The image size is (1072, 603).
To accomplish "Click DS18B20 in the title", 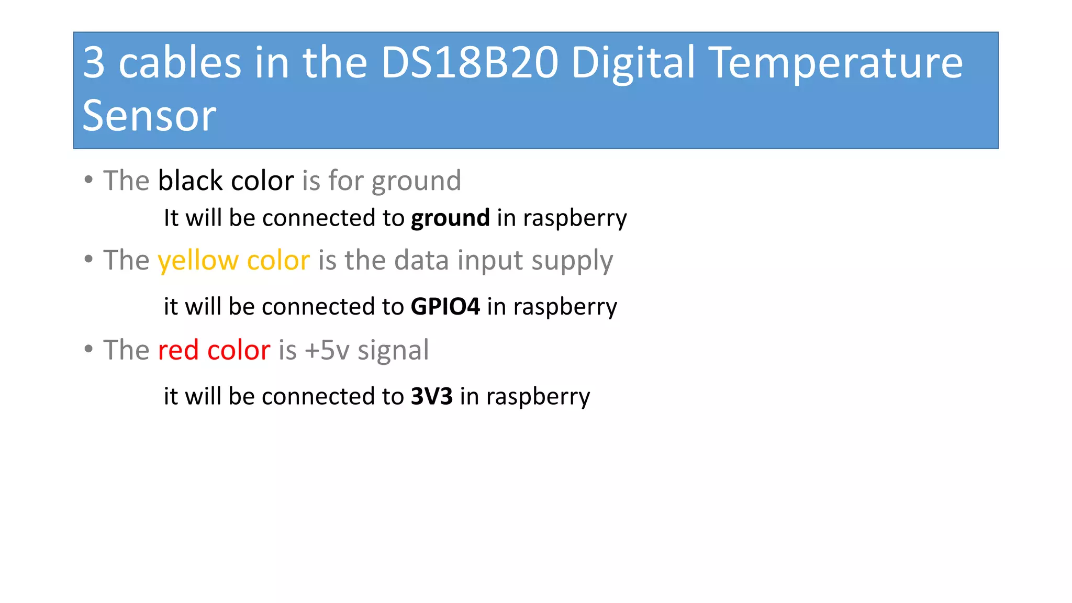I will pos(470,62).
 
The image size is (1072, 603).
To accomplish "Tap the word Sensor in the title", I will pos(149,116).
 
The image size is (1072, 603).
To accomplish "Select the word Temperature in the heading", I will pos(837,62).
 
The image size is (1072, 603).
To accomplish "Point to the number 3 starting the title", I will pos(94,62).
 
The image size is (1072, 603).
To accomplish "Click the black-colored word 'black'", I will pos(190,181).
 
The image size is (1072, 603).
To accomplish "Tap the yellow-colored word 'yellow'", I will pos(197,260).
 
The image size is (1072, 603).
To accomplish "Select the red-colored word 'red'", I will pos(178,350).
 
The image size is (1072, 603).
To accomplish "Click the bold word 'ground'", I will pos(450,218).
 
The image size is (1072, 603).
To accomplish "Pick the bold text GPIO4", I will pos(445,307).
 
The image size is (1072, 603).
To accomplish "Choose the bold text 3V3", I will pos(432,396).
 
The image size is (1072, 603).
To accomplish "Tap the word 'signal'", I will pos(393,350).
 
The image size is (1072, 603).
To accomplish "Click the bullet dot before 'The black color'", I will pos(88,180).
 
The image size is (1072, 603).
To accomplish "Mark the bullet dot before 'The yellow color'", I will pos(88,259).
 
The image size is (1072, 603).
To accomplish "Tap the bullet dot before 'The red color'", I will pos(88,349).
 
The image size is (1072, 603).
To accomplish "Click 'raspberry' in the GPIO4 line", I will pos(565,307).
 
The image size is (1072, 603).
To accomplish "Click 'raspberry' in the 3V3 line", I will pos(538,397).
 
